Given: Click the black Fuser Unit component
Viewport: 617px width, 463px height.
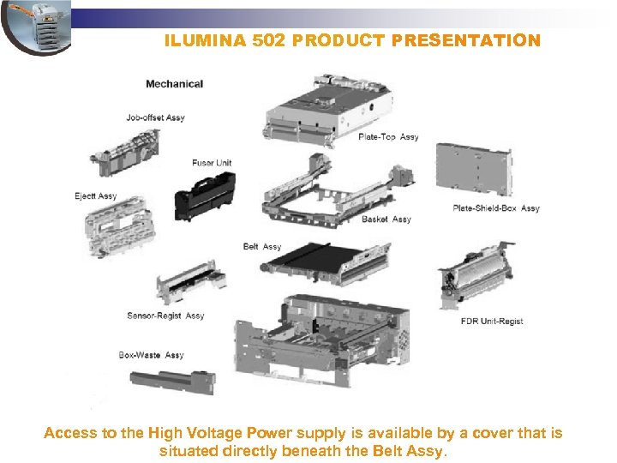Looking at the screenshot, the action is coord(205,197).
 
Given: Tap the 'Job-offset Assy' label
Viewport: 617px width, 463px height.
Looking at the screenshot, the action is coord(155,117).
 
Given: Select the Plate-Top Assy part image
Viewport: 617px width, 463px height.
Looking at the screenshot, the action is coord(327,111).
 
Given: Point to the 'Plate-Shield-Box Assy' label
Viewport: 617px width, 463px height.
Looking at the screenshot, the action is coord(496,207).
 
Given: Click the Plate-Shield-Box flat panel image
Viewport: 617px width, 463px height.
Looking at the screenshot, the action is coord(475,169).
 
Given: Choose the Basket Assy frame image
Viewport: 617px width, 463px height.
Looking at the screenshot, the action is coord(338,191).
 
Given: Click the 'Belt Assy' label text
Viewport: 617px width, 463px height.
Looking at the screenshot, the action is coord(262,246).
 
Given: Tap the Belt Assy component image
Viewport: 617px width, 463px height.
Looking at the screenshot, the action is coord(325,263).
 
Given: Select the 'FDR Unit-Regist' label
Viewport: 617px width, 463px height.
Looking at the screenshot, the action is coord(492,321).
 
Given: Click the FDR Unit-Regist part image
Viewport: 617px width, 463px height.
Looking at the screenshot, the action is coord(476,275).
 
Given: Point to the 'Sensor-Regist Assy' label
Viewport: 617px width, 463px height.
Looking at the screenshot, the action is coord(165,316).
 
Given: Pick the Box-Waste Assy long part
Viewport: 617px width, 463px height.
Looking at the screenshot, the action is coord(173,382).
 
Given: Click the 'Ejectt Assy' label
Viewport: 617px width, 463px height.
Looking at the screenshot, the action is coord(96,196).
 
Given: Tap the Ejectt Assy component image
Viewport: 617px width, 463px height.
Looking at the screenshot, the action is coord(119,226).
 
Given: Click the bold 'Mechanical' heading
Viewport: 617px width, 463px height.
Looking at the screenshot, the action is coord(174,84).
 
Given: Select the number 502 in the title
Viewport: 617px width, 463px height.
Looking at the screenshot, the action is coord(268,40).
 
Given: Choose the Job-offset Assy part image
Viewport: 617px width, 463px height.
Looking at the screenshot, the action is coord(126,153).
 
